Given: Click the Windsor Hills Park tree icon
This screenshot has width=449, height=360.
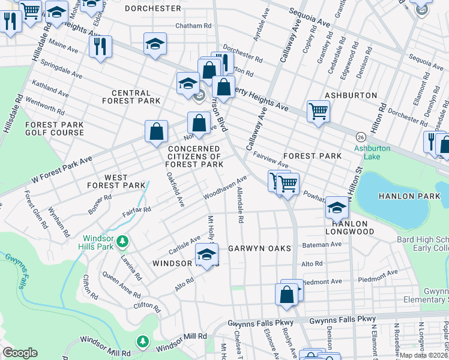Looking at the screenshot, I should [x=122, y=241].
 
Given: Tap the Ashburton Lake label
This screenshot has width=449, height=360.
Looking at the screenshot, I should [x=372, y=152].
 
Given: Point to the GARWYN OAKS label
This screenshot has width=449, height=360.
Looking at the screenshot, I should [x=259, y=248].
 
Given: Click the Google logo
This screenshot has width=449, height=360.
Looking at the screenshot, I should [x=20, y=353].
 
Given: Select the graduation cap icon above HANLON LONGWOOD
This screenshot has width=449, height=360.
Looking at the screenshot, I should [x=337, y=208].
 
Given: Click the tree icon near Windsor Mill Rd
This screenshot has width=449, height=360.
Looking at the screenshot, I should [x=142, y=341].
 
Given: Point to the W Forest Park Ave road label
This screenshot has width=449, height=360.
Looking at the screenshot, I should [x=62, y=163].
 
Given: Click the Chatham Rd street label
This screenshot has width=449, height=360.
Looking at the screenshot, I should [x=193, y=26].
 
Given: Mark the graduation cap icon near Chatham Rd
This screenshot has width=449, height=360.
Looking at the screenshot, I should [x=155, y=44].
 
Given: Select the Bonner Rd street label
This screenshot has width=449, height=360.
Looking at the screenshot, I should [x=100, y=200].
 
